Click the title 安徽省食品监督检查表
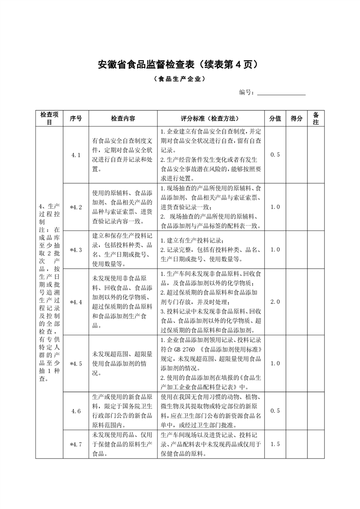coord(180,64)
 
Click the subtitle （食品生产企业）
coord(180,79)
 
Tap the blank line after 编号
coord(281,93)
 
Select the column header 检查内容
coord(123,118)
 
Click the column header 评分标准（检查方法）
coord(211,118)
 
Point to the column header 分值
coord(276,118)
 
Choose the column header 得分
coord(296,118)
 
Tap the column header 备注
coord(316,118)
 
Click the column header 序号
coord(76,118)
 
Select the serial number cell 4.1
coord(76,155)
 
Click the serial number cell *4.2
coord(76,207)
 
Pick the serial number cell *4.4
coord(76,302)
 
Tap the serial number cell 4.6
coord(76,411)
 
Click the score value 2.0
coord(276,302)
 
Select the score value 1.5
coord(276,444)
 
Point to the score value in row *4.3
coord(276,250)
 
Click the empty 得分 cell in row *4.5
coord(296,364)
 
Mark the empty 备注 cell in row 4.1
coord(316,155)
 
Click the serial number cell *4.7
coord(76,444)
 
